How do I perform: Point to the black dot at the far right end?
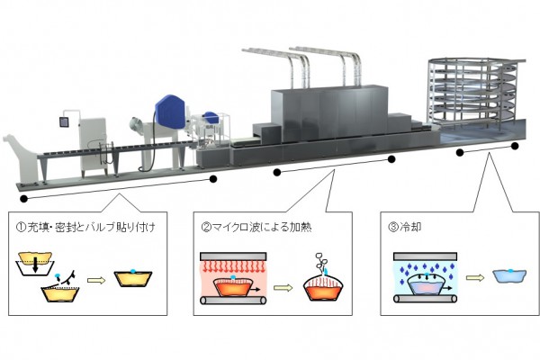point(516,145)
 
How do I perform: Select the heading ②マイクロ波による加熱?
point(252,227)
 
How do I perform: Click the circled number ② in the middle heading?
point(204,227)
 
